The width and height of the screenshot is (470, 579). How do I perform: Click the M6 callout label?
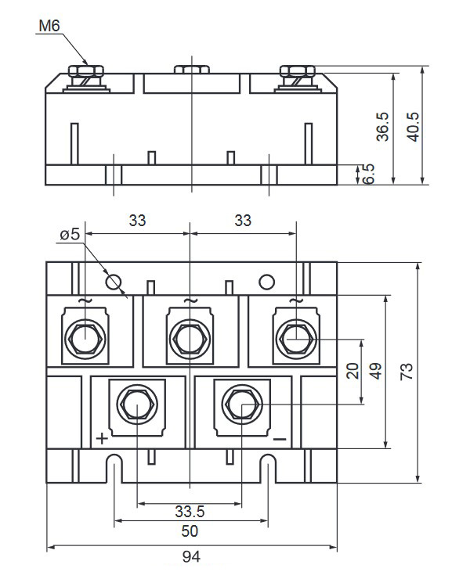pos(49,26)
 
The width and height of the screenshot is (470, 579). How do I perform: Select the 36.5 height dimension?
pos(382,125)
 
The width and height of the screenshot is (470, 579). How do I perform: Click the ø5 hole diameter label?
pos(70,234)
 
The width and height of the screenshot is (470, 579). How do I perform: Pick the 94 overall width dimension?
pos(192,557)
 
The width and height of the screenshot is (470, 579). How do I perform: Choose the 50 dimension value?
pos(190,531)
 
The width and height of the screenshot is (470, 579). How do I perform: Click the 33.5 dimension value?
pos(190,512)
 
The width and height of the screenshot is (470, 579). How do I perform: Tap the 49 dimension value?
pos(377,371)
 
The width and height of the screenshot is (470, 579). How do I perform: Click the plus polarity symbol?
pos(102,437)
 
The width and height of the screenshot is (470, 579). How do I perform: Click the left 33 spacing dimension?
pos(137,221)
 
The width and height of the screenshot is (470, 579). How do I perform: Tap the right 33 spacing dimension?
pos(243,221)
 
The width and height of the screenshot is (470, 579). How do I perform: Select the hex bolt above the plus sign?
pos(136,405)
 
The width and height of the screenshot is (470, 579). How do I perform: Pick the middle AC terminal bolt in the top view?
pos(190,338)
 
